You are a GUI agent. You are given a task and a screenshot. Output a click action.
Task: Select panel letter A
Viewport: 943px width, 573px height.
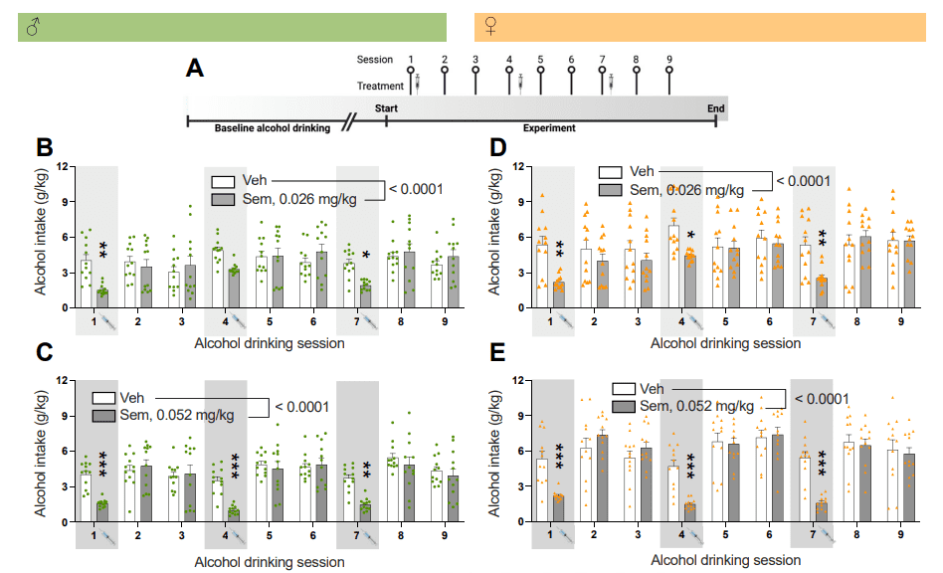click(x=196, y=69)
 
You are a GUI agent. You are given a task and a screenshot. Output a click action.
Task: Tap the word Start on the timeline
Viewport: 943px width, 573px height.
click(x=386, y=107)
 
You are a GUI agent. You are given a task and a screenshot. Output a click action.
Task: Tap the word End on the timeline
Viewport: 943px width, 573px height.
click(x=716, y=107)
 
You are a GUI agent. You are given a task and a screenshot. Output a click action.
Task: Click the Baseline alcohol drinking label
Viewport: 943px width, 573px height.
click(x=272, y=128)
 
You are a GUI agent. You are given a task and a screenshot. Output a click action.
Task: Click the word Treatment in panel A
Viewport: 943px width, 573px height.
click(x=379, y=86)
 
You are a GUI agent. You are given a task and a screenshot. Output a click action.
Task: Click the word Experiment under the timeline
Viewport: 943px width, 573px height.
click(x=549, y=128)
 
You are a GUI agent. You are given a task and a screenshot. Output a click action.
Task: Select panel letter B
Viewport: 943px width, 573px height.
click(x=44, y=148)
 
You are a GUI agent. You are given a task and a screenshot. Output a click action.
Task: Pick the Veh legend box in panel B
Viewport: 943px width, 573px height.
click(x=223, y=182)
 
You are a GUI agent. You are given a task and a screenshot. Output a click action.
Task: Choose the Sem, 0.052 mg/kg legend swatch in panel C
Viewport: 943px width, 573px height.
click(x=101, y=415)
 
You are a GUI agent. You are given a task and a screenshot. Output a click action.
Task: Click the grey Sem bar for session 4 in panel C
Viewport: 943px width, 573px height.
click(x=234, y=514)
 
